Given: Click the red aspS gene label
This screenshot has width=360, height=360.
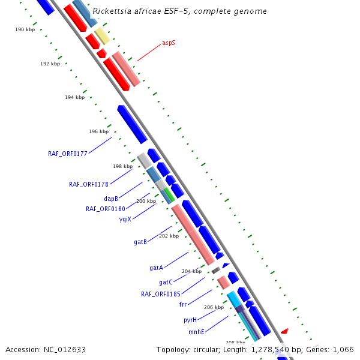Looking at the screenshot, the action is coord(169,43).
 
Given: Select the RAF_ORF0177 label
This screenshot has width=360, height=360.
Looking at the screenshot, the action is coord(68,154).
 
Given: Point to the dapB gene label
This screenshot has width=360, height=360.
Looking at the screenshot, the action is coord(111,199).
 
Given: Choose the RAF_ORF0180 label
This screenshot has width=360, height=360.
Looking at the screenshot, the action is coord(106,209).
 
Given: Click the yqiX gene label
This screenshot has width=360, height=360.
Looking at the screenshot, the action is coord(125,219).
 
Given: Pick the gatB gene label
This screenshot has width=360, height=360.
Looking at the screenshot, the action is coord(140,242).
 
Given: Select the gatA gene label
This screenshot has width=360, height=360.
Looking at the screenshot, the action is coord(157,268).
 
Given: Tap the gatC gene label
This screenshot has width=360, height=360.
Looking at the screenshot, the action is coord(166,282).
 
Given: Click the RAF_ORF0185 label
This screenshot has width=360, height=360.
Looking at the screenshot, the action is coord(161,294).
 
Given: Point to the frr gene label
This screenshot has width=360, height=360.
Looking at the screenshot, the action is coord(183,305).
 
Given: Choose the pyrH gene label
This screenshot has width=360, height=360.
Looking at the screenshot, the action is coord(190,320).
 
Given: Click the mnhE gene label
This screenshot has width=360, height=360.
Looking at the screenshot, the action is coord(196,332).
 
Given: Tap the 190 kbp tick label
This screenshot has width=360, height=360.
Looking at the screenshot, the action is coord(25,29).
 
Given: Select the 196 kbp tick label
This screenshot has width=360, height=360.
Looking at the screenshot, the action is coord(99,131).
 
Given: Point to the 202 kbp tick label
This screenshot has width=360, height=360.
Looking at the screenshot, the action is coord(169,236).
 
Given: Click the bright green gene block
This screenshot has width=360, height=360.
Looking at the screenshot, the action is coord(170,194).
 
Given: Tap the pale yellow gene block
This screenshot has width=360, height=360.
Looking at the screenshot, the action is coord(102,36).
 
